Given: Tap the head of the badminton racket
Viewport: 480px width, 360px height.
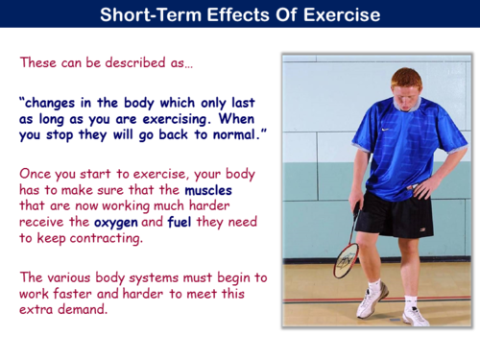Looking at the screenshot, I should (346, 259).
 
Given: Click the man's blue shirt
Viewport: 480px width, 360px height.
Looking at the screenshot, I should (394, 144).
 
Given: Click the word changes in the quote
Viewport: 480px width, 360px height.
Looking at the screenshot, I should (60, 100).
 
